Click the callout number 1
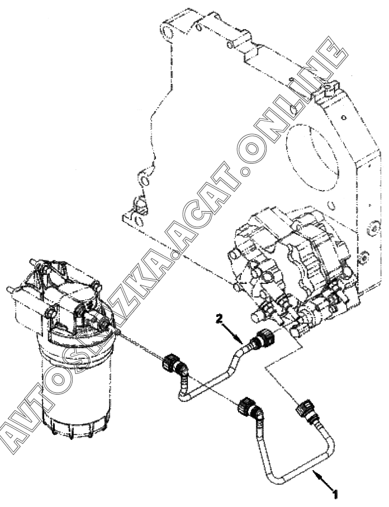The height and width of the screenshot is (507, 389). [335, 494]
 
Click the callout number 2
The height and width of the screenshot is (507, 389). [221, 319]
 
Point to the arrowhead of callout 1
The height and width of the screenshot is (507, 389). [315, 473]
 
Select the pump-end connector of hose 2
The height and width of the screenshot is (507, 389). [262, 340]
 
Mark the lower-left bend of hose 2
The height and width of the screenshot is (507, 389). [182, 395]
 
